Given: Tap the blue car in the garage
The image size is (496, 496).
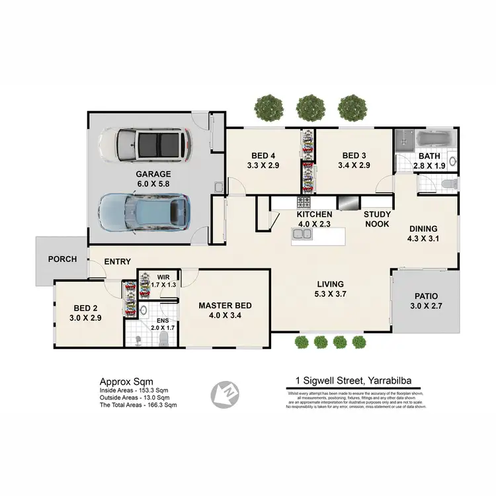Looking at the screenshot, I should click(x=144, y=210).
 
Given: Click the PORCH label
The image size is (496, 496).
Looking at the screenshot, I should click(x=63, y=259).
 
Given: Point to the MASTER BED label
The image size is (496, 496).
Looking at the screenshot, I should click(x=226, y=305).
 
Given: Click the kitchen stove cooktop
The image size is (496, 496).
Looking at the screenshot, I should click(x=305, y=202).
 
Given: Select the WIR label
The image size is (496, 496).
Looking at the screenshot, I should click(x=163, y=278).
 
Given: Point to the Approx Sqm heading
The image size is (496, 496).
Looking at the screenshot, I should click(x=126, y=382).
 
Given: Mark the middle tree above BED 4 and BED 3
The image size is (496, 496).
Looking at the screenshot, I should click(x=310, y=105).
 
